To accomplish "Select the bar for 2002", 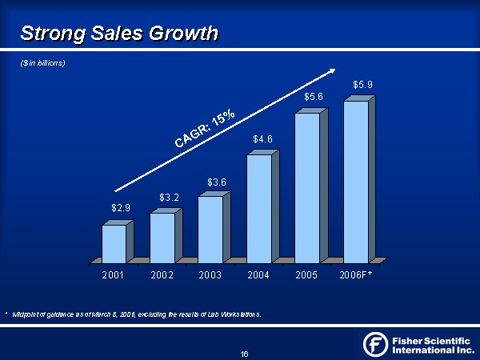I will pos(162,237).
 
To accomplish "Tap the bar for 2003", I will pos(210,229).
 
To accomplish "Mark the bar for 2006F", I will pos(356,182).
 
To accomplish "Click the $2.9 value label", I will pos(121,208).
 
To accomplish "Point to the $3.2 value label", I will pos(169,196).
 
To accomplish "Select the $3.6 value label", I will pos(217,182).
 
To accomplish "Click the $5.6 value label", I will pos(314,97).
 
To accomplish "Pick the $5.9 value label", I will pos(362,84).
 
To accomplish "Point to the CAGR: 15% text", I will pos(205,130).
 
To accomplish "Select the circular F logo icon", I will pos(376,344).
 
